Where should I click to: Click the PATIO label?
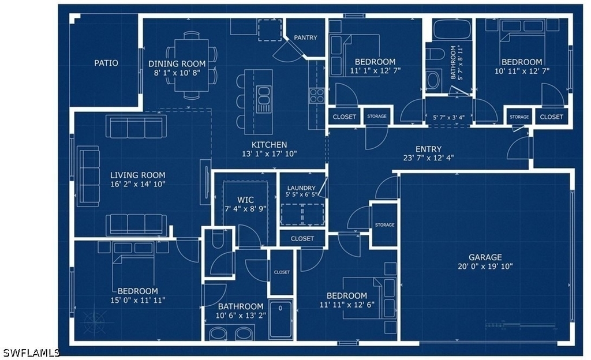point(106,63)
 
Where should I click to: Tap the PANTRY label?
point(305,37)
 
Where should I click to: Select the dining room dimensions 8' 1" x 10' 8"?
point(177,72)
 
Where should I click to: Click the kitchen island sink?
point(264,99)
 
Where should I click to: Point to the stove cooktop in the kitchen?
point(317,96)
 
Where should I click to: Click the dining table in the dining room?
point(192,65)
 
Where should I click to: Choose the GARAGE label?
point(485,257)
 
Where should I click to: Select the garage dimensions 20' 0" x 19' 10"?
point(485,267)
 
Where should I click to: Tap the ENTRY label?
point(429,149)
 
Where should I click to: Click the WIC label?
point(245,200)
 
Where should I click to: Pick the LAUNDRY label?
point(301,188)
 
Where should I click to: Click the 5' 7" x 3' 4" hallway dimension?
point(448,118)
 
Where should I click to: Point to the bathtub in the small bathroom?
point(452,29)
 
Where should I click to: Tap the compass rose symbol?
point(94,322)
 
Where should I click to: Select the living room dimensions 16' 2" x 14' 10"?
point(138,184)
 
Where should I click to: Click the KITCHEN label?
point(269,145)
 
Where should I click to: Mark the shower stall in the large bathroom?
point(281,320)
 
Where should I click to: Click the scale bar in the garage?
point(521,325)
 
